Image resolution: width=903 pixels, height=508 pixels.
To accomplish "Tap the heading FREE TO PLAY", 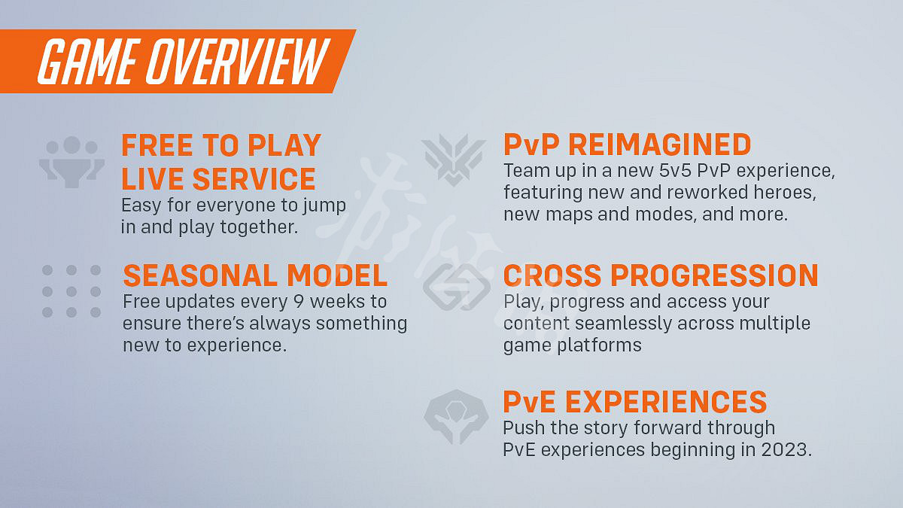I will (x=221, y=145).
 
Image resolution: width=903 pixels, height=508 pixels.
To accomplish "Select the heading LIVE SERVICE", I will (x=218, y=179).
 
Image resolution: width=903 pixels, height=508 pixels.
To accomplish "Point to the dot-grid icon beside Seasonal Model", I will (x=71, y=291).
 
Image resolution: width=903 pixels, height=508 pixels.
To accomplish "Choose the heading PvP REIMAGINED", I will (x=627, y=144).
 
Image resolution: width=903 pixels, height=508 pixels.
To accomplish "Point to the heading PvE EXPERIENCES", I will (x=634, y=402).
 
